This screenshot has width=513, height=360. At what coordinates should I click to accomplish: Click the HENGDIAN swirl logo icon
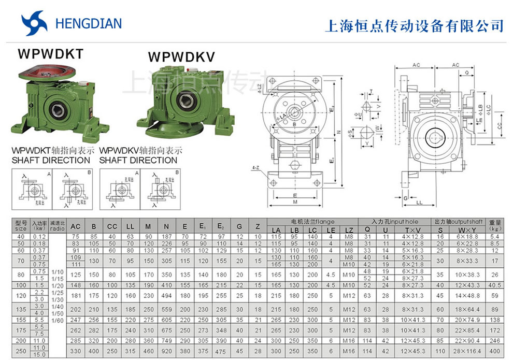click(34, 24)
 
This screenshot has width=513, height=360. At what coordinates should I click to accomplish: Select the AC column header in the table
click(75, 226)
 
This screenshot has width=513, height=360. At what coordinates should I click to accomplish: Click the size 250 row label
click(21, 352)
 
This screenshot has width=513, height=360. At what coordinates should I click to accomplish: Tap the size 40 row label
click(21, 236)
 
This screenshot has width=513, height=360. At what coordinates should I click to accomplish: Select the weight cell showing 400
click(494, 352)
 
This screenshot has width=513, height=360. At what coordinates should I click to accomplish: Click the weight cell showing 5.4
click(494, 236)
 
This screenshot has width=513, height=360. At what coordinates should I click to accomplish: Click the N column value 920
click(166, 352)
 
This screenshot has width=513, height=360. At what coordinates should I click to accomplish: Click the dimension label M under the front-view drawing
click(294, 203)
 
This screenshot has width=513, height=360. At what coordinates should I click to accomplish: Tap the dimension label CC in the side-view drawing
click(498, 125)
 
